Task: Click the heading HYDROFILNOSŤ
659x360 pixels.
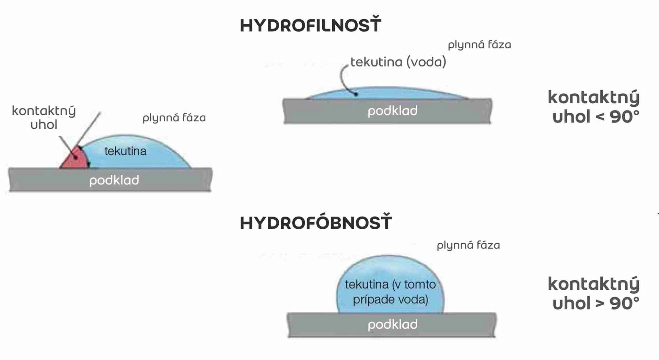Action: (x=310, y=25)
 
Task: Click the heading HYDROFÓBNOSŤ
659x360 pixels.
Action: (x=315, y=223)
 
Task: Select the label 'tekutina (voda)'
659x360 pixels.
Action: (x=398, y=62)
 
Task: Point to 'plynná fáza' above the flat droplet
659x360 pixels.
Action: (x=479, y=45)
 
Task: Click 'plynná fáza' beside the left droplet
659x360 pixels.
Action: (x=174, y=118)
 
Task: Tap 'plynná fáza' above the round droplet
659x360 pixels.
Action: (x=468, y=245)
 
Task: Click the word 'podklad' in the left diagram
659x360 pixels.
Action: (x=114, y=181)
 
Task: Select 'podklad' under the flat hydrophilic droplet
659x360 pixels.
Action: (x=392, y=111)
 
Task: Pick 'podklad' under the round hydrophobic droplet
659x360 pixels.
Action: (x=392, y=325)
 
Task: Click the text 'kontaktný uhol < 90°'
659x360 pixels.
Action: (x=594, y=107)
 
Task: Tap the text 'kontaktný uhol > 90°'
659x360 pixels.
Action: (x=594, y=294)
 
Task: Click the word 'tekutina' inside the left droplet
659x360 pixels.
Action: (x=125, y=151)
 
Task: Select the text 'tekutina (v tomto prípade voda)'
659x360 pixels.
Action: (x=390, y=292)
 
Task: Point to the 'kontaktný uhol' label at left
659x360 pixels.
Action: (x=44, y=117)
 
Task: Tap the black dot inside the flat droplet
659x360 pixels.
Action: (x=356, y=94)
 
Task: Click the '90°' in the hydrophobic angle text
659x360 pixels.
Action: (x=624, y=303)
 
